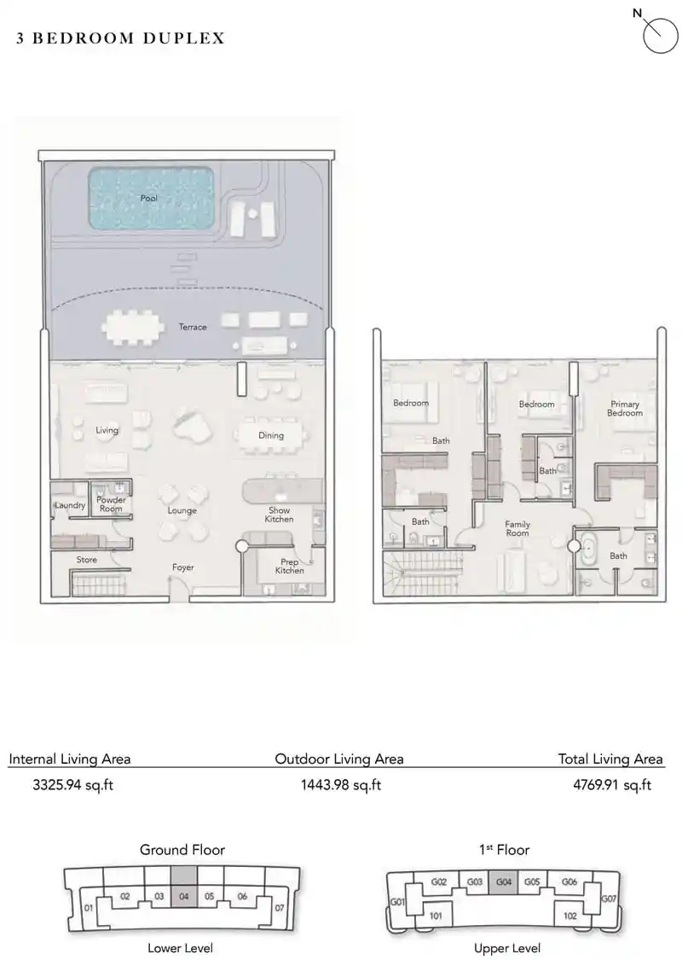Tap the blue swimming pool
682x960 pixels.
[x=150, y=198]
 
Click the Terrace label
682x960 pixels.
[x=193, y=327]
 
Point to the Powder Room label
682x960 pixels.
[x=110, y=504]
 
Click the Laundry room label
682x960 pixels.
[x=70, y=505]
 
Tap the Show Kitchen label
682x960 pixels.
[x=279, y=515]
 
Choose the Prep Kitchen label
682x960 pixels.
[x=289, y=566]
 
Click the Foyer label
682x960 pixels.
[x=182, y=567]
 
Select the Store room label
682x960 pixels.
[x=86, y=560]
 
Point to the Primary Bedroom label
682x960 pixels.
[x=624, y=409]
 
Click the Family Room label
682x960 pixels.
[x=517, y=529]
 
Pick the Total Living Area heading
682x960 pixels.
[x=610, y=759]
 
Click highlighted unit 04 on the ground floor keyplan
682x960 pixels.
[x=183, y=896]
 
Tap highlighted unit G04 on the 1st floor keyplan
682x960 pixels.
[x=504, y=881]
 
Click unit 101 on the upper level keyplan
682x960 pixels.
[x=436, y=915]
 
